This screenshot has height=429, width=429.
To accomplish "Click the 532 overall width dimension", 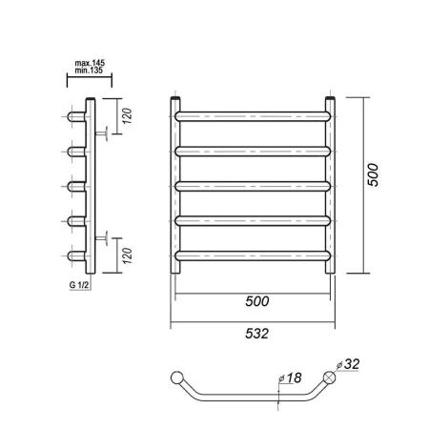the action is point(257,334).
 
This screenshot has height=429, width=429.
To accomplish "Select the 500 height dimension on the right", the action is point(373,174).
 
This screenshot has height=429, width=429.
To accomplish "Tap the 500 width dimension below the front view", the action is point(257,301).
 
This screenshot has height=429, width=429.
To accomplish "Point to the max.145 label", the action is point(90,63).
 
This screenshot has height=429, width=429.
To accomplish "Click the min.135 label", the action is point(89,71).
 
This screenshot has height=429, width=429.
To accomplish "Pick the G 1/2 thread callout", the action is point(78,285).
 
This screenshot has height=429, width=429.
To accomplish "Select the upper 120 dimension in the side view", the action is point(127,116).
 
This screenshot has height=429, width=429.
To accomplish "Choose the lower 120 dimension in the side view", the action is point(127,255).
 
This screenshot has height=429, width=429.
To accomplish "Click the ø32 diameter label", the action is point(348,364).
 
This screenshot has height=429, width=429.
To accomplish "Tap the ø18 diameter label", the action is point(290,378).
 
